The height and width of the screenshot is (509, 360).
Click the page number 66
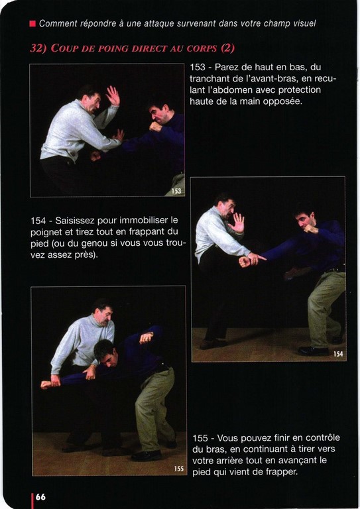40,497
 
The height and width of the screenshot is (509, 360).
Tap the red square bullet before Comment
32,24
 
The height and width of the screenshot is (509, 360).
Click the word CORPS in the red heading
202,48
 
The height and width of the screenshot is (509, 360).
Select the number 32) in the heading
38,48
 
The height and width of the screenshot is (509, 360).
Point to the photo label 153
176,191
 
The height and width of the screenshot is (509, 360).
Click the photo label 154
338,354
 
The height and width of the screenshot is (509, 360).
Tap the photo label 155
179,469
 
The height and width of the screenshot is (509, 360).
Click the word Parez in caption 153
227,67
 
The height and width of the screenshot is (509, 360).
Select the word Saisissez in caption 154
75,221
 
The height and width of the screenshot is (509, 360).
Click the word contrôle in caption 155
323,437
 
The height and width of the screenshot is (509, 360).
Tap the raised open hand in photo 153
113,95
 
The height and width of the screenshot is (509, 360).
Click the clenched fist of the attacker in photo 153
156,127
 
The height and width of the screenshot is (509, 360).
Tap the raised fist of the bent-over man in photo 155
147,338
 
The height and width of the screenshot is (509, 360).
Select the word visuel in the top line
304,23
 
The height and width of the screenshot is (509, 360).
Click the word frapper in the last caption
282,472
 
